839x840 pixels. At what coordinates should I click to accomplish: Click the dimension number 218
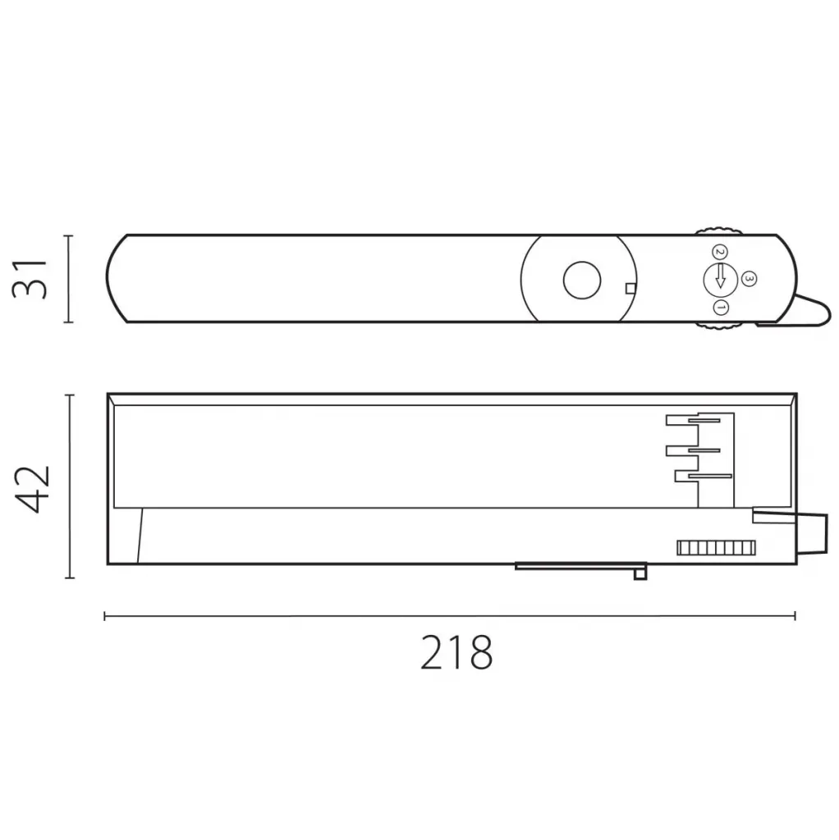tap(456, 654)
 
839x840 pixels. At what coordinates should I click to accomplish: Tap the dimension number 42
tap(34, 488)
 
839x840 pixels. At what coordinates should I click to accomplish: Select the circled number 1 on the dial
tap(721, 308)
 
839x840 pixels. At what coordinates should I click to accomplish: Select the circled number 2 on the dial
tap(719, 252)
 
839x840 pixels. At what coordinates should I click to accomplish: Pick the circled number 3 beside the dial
tap(748, 280)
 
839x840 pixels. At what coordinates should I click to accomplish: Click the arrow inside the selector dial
tap(720, 277)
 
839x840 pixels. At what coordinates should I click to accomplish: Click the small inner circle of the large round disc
tap(581, 281)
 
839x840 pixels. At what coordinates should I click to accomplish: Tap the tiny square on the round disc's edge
tap(630, 288)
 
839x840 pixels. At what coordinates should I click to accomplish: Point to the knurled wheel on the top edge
tap(719, 231)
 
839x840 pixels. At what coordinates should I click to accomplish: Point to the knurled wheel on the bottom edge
tap(720, 326)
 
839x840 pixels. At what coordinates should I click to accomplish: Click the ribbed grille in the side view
tap(714, 548)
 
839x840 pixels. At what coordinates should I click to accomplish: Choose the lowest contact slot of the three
tap(703, 476)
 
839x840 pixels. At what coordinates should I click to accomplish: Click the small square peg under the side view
tap(640, 573)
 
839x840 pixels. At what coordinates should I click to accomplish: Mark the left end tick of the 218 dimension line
tap(105, 615)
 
